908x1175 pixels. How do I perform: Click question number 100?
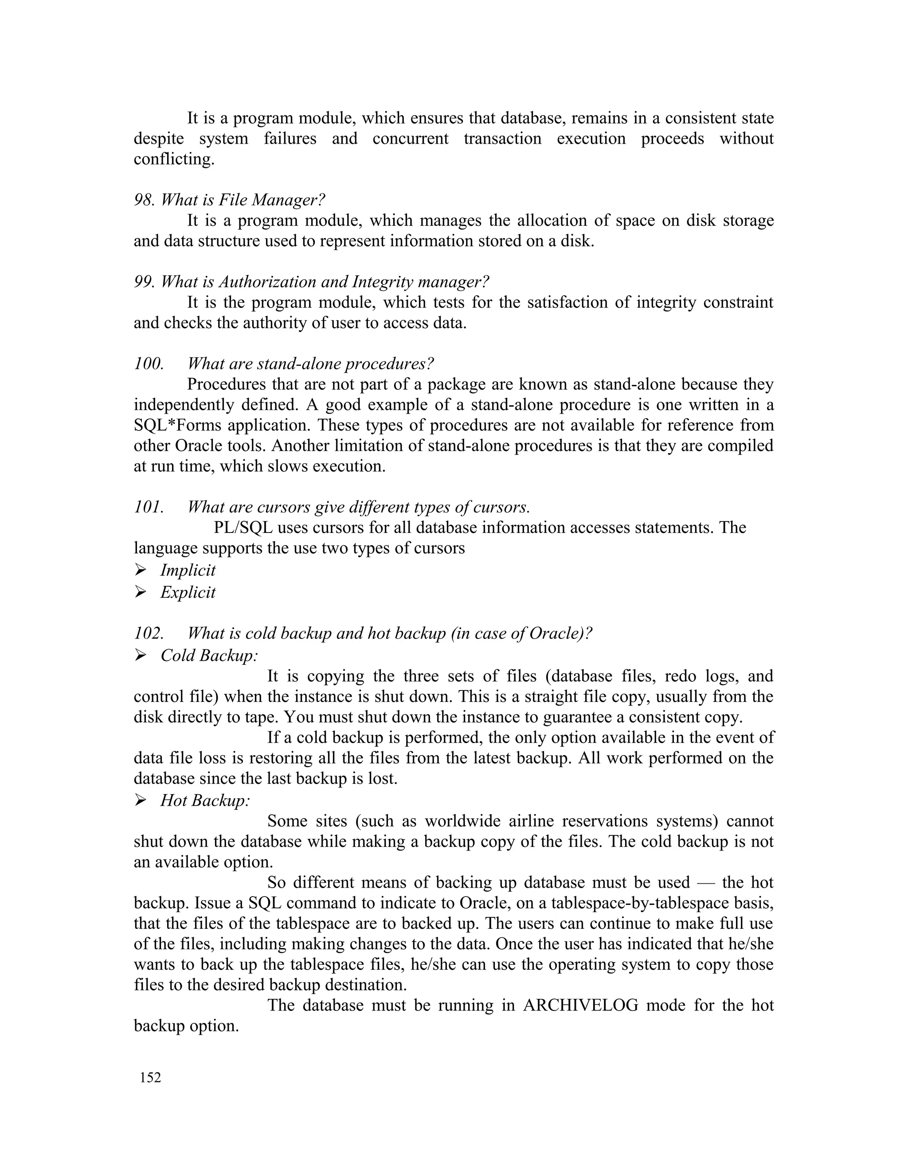tap(149, 364)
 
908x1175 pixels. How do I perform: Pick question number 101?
tap(149, 507)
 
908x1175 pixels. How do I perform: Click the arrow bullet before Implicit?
tap(141, 570)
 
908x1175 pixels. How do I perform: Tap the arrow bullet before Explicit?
tap(141, 592)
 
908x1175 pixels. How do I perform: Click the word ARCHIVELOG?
tap(580, 1005)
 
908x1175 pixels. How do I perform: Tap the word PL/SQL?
tap(243, 527)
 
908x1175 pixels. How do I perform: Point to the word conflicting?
tap(174, 159)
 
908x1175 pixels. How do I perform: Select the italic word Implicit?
tap(188, 570)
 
